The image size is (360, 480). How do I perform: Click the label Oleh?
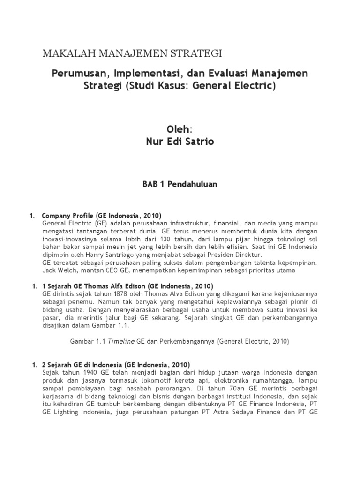[x=180, y=128]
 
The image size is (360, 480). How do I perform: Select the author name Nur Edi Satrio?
[x=180, y=141]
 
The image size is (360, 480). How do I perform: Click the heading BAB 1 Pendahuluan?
[x=180, y=184]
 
